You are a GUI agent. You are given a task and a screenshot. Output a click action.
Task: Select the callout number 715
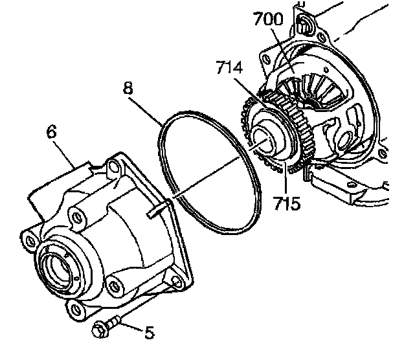[x=287, y=204]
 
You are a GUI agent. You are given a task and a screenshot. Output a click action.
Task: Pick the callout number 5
[x=149, y=333]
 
